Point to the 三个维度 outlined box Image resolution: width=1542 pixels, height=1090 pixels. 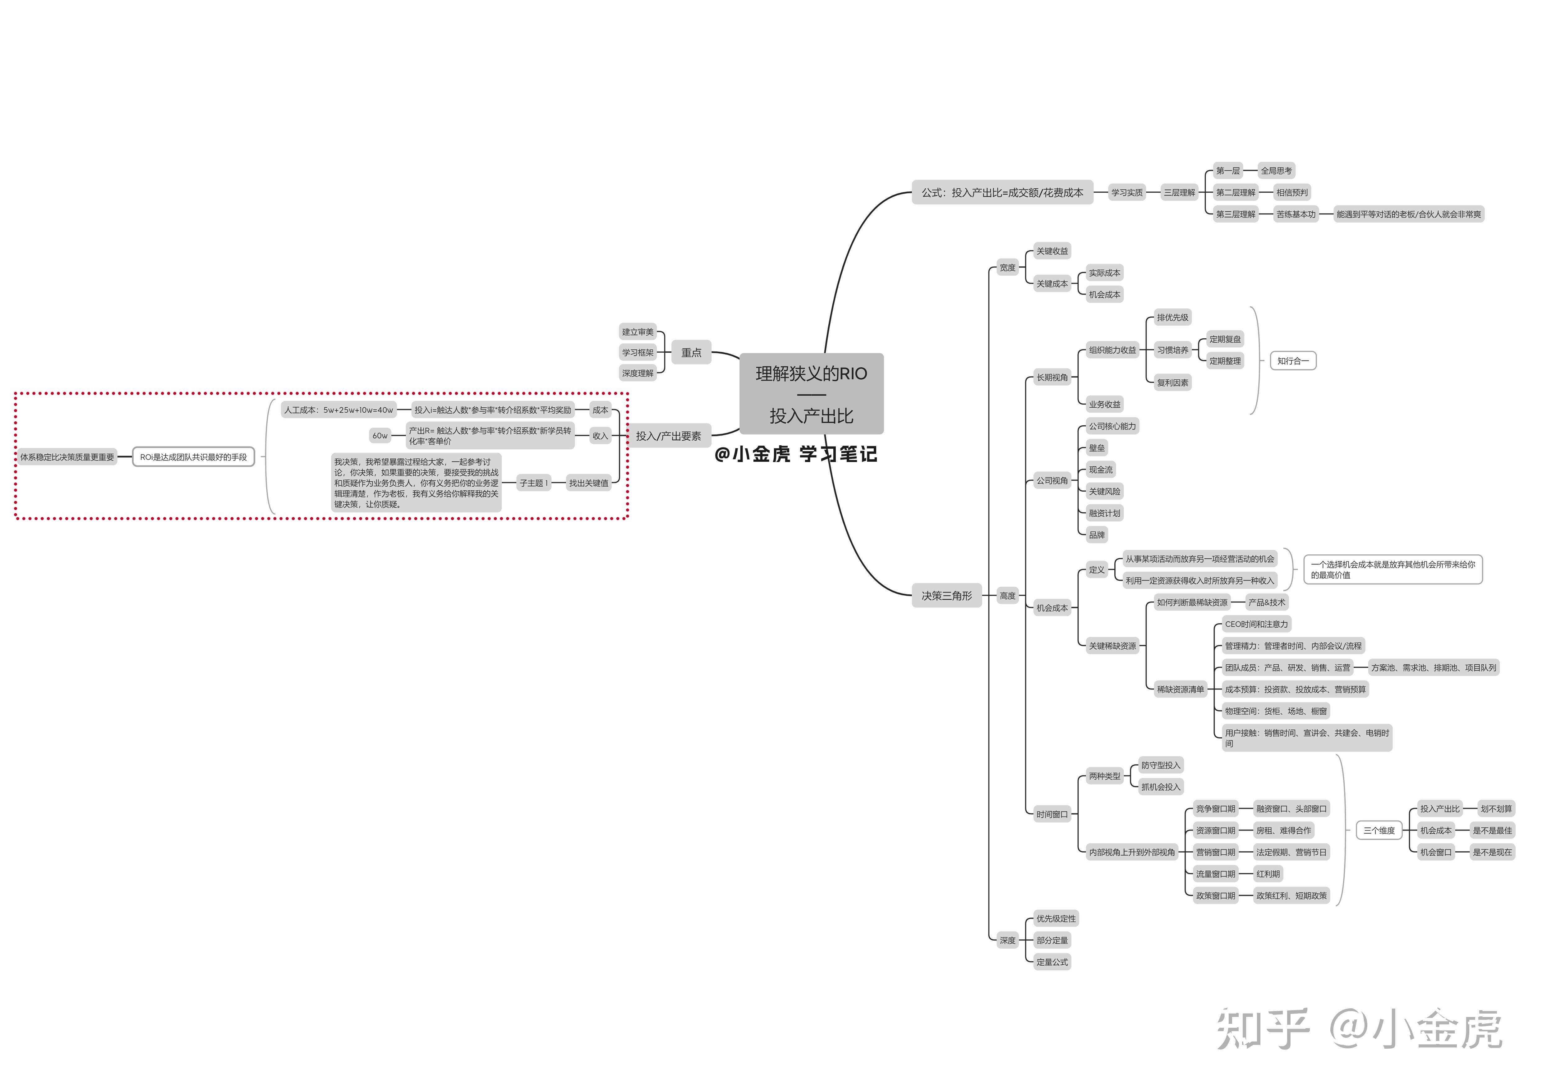tap(1379, 830)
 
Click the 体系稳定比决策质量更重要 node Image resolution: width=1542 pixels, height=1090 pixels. tap(67, 457)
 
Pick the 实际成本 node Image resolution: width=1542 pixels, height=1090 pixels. tap(1104, 272)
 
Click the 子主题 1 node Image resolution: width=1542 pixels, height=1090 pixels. tap(533, 483)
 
